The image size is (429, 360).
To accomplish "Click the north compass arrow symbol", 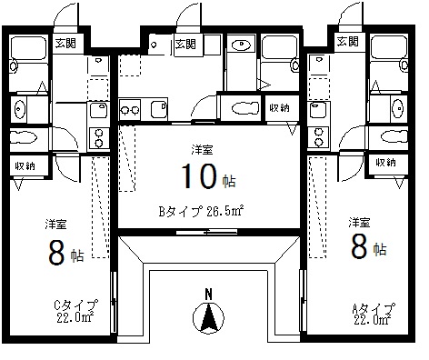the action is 208,317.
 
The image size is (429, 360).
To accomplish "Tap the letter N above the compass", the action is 208,295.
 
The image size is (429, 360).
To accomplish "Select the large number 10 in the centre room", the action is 199,176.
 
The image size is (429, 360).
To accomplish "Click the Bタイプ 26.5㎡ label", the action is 201,211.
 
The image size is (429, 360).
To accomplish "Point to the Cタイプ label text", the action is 76,305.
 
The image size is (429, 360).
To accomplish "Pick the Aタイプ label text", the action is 374,309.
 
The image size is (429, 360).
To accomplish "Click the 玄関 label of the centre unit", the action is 185,45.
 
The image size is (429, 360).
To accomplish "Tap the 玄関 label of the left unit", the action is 65,44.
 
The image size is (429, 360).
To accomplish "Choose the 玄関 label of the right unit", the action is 347,41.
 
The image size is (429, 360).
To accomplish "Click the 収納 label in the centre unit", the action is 280,107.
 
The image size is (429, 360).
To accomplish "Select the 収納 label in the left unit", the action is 25,165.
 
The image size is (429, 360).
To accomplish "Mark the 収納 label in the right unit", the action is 385,163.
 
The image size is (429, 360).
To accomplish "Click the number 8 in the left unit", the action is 57,252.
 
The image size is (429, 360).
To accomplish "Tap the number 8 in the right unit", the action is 359,246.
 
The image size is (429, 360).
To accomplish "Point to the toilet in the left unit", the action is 24,138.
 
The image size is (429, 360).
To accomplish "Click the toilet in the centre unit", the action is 245,108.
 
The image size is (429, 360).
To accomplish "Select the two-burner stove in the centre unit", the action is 130,109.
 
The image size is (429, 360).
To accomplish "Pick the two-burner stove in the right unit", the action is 318,137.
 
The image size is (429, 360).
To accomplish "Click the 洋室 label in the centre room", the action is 202,150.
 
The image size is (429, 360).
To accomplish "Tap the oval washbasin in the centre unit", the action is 242,45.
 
